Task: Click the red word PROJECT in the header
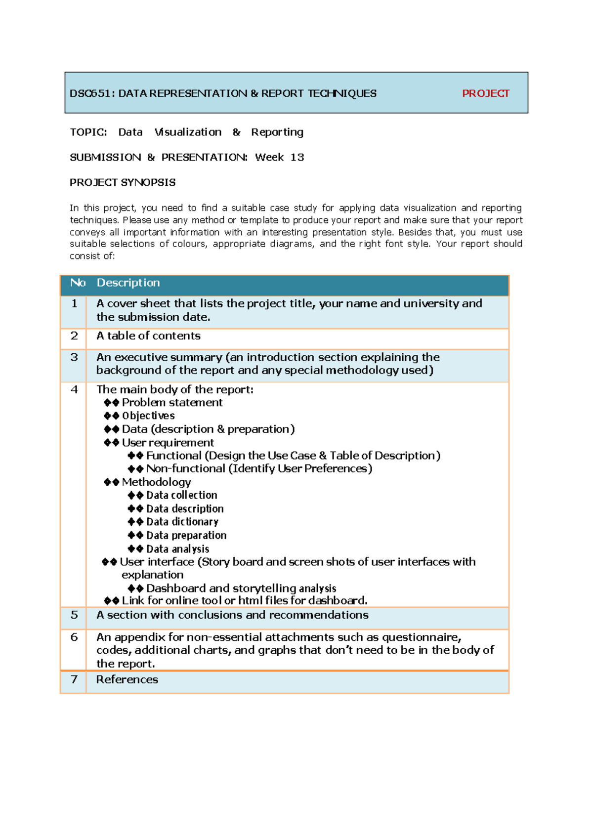click(x=485, y=93)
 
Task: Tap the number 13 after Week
click(x=297, y=157)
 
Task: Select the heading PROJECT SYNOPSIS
click(x=123, y=182)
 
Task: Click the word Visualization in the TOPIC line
click(x=188, y=132)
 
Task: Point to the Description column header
click(x=128, y=283)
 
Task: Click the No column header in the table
click(x=78, y=283)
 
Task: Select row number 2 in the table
click(x=74, y=336)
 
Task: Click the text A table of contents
click(x=148, y=336)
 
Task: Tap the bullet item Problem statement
click(x=172, y=403)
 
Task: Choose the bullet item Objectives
click(x=148, y=416)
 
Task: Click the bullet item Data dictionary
click(x=182, y=522)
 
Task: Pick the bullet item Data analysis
click(x=177, y=549)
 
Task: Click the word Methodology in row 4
click(x=156, y=482)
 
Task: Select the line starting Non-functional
click(x=259, y=468)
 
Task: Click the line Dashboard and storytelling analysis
click(x=241, y=588)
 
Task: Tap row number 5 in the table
click(x=74, y=615)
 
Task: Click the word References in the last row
click(x=127, y=680)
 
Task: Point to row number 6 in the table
click(x=74, y=637)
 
